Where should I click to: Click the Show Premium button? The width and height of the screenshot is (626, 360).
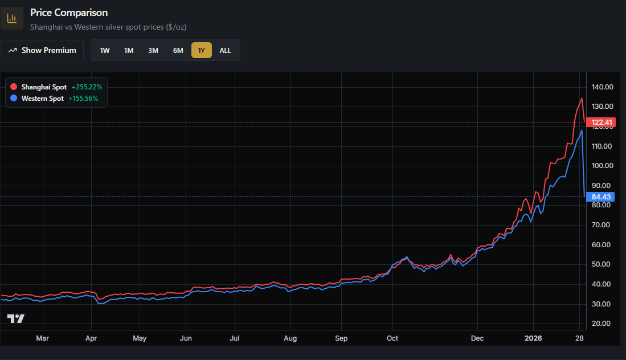tap(42, 50)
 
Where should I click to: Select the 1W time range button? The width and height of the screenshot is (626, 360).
tap(105, 50)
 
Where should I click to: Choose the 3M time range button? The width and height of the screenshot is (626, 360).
tap(153, 50)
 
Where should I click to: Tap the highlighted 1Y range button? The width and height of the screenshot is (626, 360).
tap(201, 50)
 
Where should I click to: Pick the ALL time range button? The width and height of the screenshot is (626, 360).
tap(226, 50)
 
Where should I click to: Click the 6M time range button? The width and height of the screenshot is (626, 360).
tap(178, 50)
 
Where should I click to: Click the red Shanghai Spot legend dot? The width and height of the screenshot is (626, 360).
tap(14, 87)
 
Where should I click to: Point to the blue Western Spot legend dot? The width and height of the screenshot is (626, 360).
tap(14, 99)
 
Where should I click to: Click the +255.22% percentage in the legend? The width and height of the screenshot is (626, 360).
tap(87, 87)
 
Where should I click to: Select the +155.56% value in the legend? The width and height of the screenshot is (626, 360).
tap(83, 99)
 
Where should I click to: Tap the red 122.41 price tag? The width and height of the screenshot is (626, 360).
tap(602, 122)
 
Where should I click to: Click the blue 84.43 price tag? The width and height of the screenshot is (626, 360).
tap(602, 197)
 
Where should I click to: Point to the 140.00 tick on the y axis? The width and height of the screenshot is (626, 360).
tap(602, 87)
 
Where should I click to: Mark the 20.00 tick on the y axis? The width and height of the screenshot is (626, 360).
tap(602, 324)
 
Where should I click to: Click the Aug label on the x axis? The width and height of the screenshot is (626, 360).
tap(291, 338)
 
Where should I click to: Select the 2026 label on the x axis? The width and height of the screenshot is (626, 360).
tap(534, 338)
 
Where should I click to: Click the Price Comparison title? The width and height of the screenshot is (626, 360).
tap(69, 13)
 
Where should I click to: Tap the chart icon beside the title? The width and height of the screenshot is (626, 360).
tap(11, 18)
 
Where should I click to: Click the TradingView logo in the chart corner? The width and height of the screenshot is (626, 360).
tap(16, 318)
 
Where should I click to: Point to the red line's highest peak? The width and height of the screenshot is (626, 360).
tap(582, 99)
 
